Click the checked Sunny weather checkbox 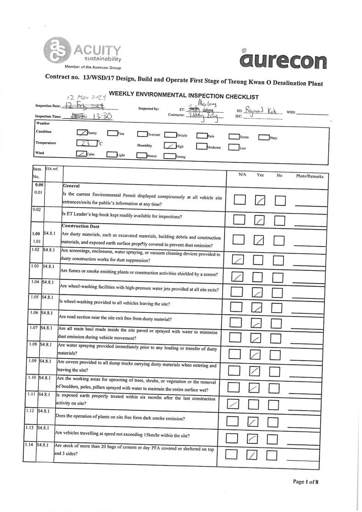(x=82, y=133)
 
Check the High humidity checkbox (x=169, y=146)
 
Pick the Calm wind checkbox (x=81, y=154)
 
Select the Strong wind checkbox (x=169, y=156)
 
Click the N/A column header (x=243, y=175)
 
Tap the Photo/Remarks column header (x=310, y=176)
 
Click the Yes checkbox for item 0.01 (x=260, y=200)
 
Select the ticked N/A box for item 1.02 (x=238, y=260)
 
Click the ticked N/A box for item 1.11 (x=234, y=404)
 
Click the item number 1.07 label (x=33, y=328)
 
